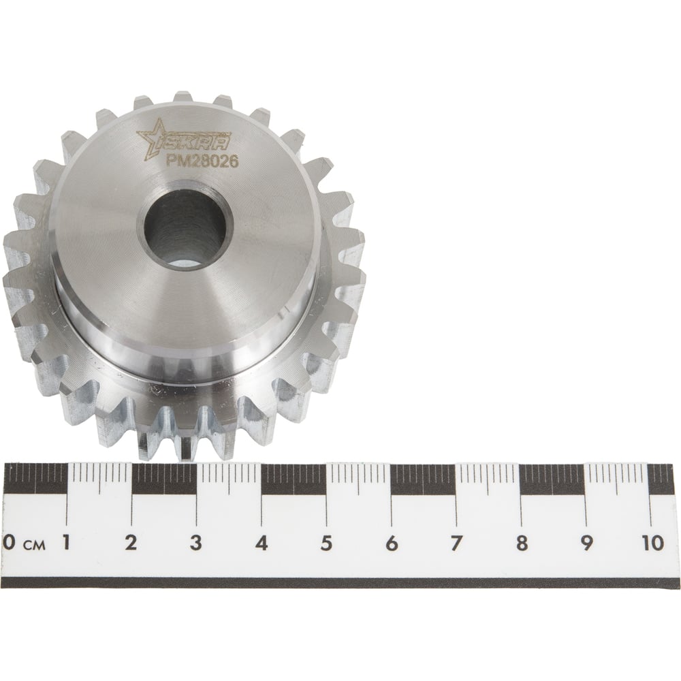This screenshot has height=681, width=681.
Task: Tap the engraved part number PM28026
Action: pyautogui.click(x=202, y=161)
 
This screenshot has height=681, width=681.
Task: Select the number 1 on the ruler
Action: pyautogui.click(x=67, y=542)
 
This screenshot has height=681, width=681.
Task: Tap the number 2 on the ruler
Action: pyautogui.click(x=131, y=543)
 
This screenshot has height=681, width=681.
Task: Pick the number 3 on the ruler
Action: pyautogui.click(x=196, y=543)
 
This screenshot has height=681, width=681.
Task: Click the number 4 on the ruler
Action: pyautogui.click(x=261, y=543)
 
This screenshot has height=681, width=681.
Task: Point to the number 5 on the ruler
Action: pyautogui.click(x=326, y=543)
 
